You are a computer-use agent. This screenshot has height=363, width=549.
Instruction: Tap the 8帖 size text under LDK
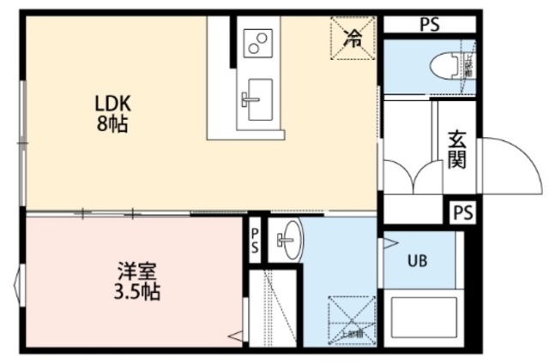112,124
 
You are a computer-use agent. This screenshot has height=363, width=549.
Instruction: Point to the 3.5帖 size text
137,291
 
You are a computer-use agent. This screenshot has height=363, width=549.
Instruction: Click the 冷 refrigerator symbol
353,37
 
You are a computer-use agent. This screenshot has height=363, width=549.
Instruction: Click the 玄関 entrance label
456,151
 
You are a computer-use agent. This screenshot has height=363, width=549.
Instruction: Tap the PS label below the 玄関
462,211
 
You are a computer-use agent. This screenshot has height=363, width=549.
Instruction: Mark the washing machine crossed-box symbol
352,318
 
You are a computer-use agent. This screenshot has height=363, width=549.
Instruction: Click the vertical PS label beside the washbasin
255,239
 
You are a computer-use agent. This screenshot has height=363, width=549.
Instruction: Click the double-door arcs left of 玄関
411,176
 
